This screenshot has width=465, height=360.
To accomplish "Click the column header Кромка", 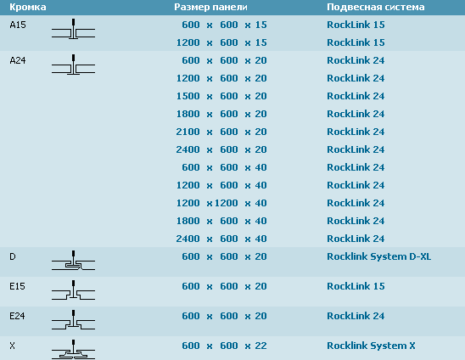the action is (28, 7).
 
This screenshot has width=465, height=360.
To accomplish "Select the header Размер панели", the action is (210, 7).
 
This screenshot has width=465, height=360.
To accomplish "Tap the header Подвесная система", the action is (375, 7).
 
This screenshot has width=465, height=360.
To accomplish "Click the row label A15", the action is (18, 25).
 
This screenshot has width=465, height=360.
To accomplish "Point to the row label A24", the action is (18, 60).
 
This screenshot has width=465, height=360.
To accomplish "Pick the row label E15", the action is (18, 286).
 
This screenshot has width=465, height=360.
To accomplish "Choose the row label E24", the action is (18, 316).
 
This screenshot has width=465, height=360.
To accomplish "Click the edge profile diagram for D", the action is (73, 261).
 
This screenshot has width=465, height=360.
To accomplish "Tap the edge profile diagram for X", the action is (73, 349).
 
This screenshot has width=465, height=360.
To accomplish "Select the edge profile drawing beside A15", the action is (73, 29).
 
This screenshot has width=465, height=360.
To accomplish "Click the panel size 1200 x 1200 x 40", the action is (221, 203).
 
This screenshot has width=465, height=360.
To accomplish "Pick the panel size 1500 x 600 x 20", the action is (221, 96).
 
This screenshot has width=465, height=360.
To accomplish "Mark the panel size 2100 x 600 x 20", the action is (221, 132).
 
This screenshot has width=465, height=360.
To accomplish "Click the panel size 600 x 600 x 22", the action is (224, 346).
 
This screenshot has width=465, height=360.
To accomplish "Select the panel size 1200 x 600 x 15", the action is (221, 42).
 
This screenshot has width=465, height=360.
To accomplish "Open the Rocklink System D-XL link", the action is (379, 256).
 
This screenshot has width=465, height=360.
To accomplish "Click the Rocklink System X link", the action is (371, 346).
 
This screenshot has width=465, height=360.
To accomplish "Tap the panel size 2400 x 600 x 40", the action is (221, 239).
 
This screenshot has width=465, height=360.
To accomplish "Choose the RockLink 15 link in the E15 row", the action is (356, 286).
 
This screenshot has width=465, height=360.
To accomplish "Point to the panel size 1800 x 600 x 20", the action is (221, 114).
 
